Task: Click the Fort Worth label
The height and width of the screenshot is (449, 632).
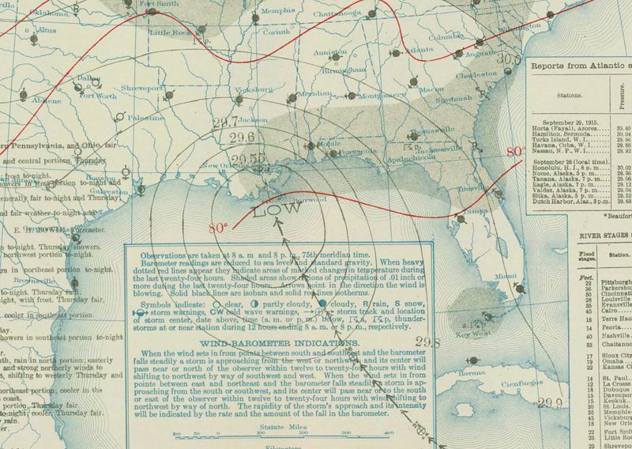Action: point(98,96)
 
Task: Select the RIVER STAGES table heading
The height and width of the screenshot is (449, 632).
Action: point(601,233)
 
